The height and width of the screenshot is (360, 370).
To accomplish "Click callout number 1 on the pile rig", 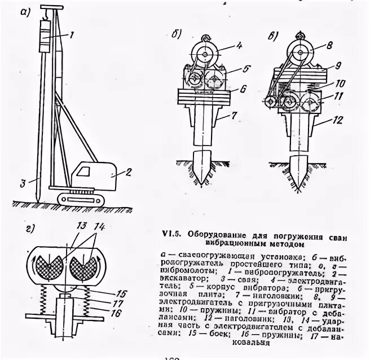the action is [x=71, y=35].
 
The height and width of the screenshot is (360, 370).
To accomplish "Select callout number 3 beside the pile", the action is [x=22, y=182].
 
